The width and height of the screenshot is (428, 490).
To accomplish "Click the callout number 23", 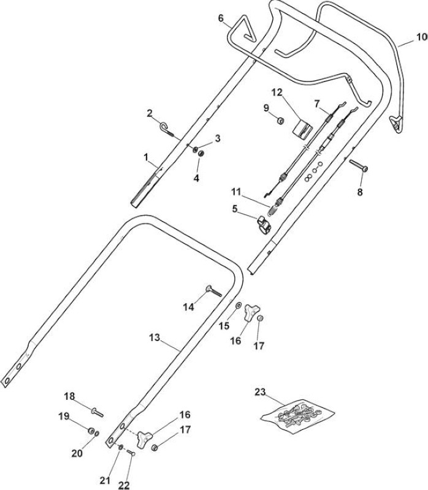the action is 260,392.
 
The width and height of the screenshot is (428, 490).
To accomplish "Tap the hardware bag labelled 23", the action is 297,416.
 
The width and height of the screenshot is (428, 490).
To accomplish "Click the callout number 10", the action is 422,37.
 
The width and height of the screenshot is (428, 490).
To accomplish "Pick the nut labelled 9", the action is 280,120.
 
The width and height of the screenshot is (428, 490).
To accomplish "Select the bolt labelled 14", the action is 213,291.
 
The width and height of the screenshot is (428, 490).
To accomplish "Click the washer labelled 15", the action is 239,305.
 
